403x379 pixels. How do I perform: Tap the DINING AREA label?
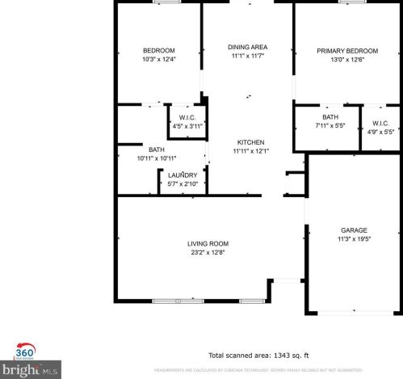click(248, 47)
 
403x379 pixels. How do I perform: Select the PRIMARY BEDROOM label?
click(340, 51)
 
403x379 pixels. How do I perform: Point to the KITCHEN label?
click(250, 141)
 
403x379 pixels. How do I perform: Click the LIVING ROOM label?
click(208, 243)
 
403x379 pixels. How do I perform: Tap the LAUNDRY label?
click(183, 175)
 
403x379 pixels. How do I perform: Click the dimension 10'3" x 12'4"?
click(158, 59)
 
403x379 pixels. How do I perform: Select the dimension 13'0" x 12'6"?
click(340, 60)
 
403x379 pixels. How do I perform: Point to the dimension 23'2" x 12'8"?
click(208, 252)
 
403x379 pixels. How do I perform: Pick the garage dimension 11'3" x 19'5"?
click(352, 239)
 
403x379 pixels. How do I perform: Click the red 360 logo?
click(25, 351)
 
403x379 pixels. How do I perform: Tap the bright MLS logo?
click(36, 371)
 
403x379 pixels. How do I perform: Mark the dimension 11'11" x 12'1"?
click(250, 151)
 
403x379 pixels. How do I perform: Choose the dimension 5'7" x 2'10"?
click(183, 184)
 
